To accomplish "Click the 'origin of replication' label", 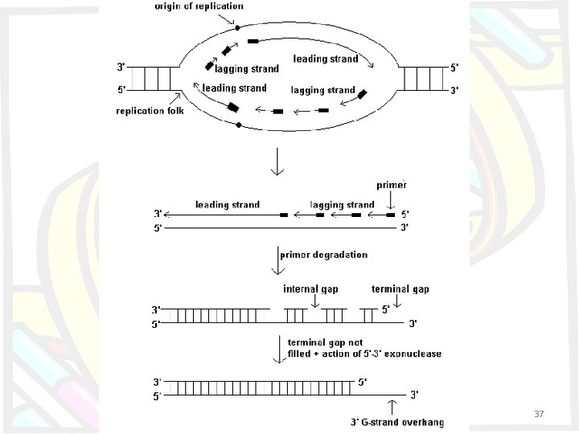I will (x=200, y=6).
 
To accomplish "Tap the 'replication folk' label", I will (x=150, y=111).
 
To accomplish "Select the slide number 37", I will (x=539, y=413).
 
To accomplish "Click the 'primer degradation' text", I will (x=324, y=255).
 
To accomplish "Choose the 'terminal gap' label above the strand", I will (x=400, y=287).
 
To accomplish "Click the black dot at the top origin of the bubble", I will (x=238, y=28).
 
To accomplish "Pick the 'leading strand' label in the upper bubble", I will (x=326, y=59).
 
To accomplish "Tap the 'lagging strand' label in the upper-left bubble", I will (x=246, y=69).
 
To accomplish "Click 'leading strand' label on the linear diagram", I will (x=228, y=205).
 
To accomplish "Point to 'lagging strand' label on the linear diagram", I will (x=342, y=205).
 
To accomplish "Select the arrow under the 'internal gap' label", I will (x=314, y=301).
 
